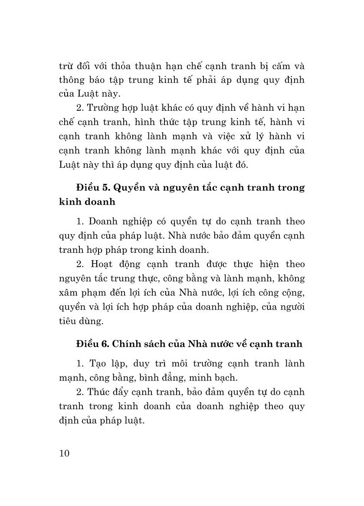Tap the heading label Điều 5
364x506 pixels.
tap(90, 188)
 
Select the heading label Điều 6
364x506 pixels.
tap(90, 344)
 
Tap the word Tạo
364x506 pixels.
tap(99, 363)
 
